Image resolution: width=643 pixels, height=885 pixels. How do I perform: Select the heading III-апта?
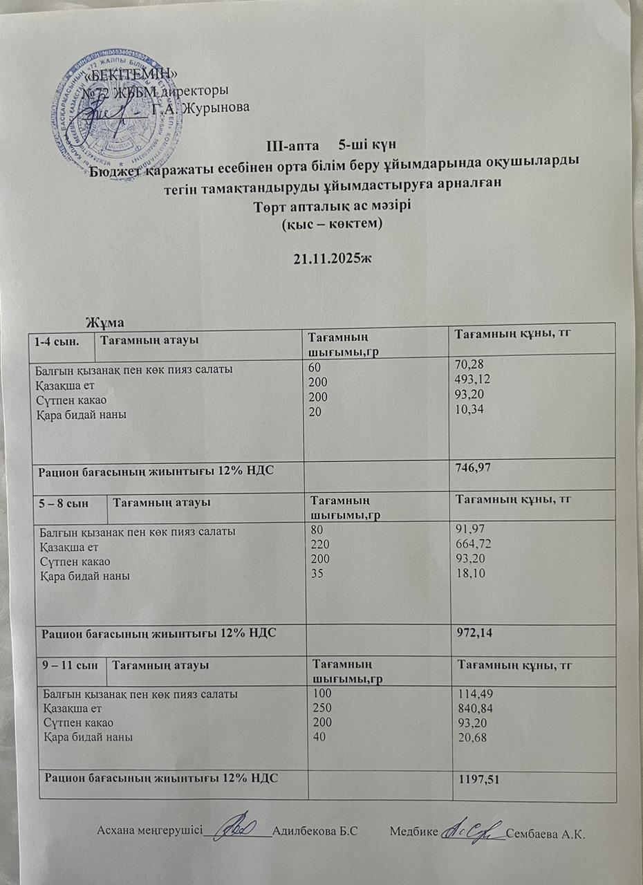pos(290,145)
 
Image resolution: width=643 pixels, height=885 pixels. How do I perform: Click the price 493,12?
pos(470,384)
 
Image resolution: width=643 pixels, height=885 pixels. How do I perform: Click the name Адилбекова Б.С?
pos(315,831)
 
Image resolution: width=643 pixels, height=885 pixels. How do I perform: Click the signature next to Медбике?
pos(473,828)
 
